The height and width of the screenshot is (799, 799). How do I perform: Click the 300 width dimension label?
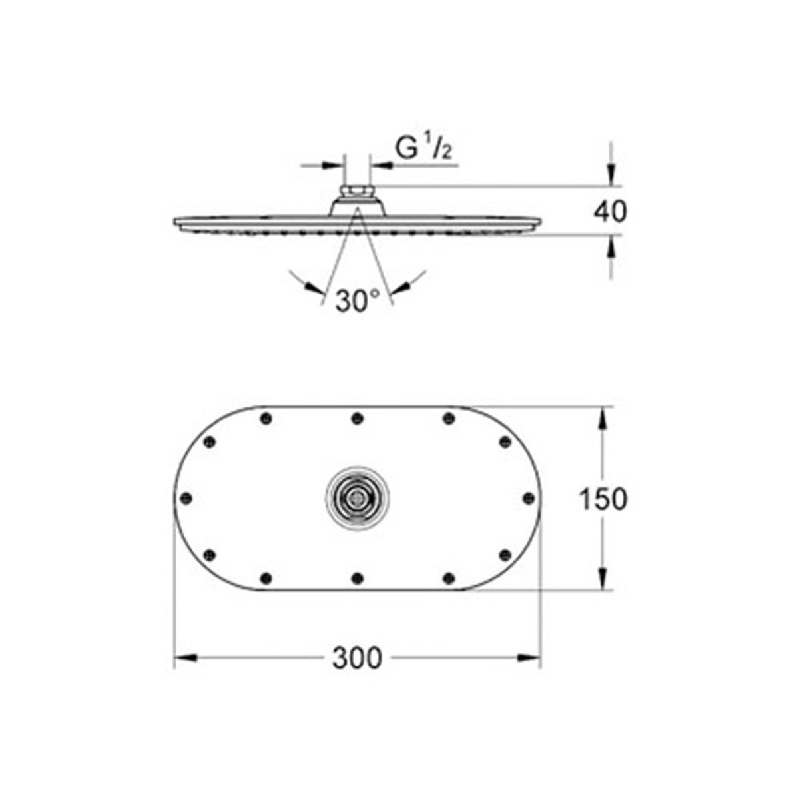[358, 659]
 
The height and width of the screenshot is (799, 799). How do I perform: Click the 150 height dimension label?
[603, 499]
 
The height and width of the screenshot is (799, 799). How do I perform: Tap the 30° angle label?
[357, 302]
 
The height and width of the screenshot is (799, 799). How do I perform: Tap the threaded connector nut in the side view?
[357, 193]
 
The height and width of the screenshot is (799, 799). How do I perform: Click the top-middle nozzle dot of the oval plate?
[358, 418]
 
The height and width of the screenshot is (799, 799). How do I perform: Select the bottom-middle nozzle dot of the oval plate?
[358, 577]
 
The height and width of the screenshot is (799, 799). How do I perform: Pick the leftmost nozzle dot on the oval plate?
[186, 497]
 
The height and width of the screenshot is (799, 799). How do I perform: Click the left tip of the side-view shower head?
[174, 222]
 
